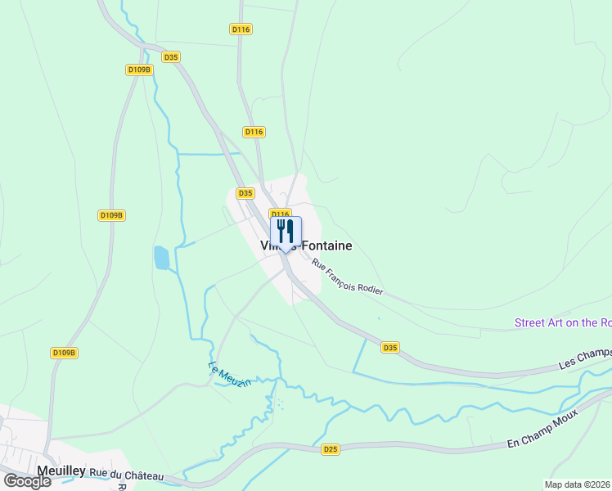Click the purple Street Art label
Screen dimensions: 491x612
tap(563, 322)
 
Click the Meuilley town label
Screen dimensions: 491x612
tap(61, 471)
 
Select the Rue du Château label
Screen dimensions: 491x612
tap(127, 475)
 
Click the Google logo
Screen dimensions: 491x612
tap(27, 481)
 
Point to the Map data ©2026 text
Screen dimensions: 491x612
tap(578, 484)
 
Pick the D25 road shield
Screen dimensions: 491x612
tap(331, 449)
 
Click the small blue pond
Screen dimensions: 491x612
tap(162, 258)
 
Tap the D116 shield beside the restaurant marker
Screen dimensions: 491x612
tap(281, 214)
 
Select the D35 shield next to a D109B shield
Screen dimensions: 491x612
tap(170, 57)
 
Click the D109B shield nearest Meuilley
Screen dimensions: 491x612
tap(64, 353)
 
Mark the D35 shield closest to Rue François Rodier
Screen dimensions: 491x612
tap(390, 348)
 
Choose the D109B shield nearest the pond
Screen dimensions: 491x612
tap(111, 215)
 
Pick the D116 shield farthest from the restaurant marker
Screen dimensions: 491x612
tap(241, 29)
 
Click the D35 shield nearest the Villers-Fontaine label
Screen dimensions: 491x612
tap(245, 193)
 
